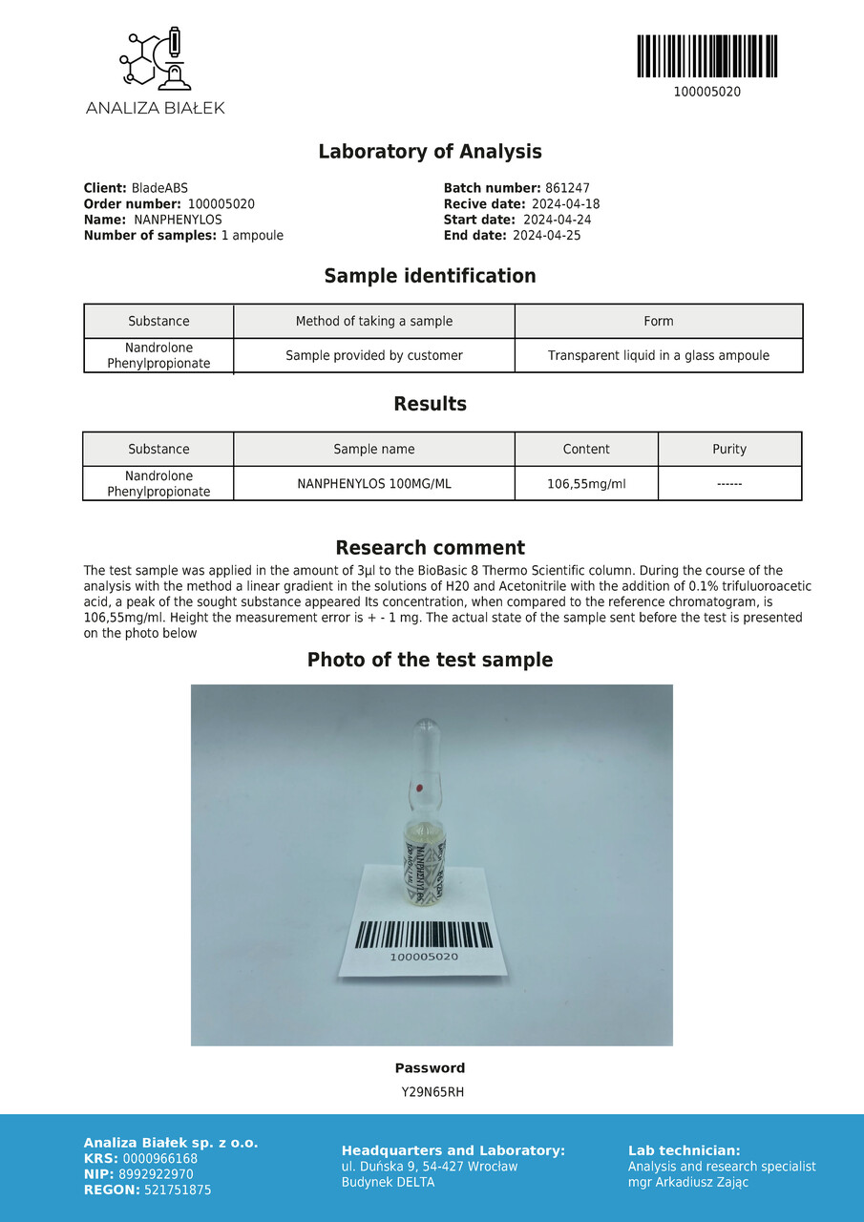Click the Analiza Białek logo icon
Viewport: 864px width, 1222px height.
155,60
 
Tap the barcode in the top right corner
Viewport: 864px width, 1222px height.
706,56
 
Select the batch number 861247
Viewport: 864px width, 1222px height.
567,189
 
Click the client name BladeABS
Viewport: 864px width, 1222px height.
159,189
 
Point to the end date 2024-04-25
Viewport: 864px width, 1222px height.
546,236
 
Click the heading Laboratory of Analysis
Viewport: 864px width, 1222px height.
430,152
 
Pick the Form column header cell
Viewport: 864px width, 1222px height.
659,322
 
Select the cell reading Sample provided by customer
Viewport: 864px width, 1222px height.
374,356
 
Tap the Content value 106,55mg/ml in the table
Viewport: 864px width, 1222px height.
586,484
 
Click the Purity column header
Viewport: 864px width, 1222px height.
729,450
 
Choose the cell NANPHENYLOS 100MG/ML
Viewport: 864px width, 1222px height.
374,484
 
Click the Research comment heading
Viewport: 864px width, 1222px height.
430,548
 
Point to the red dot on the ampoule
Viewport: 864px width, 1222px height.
420,788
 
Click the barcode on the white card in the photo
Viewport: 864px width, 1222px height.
424,935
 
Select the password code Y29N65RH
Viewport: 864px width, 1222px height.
432,1092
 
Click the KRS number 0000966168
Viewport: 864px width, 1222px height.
160,1159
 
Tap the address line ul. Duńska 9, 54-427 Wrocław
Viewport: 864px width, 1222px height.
430,1167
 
